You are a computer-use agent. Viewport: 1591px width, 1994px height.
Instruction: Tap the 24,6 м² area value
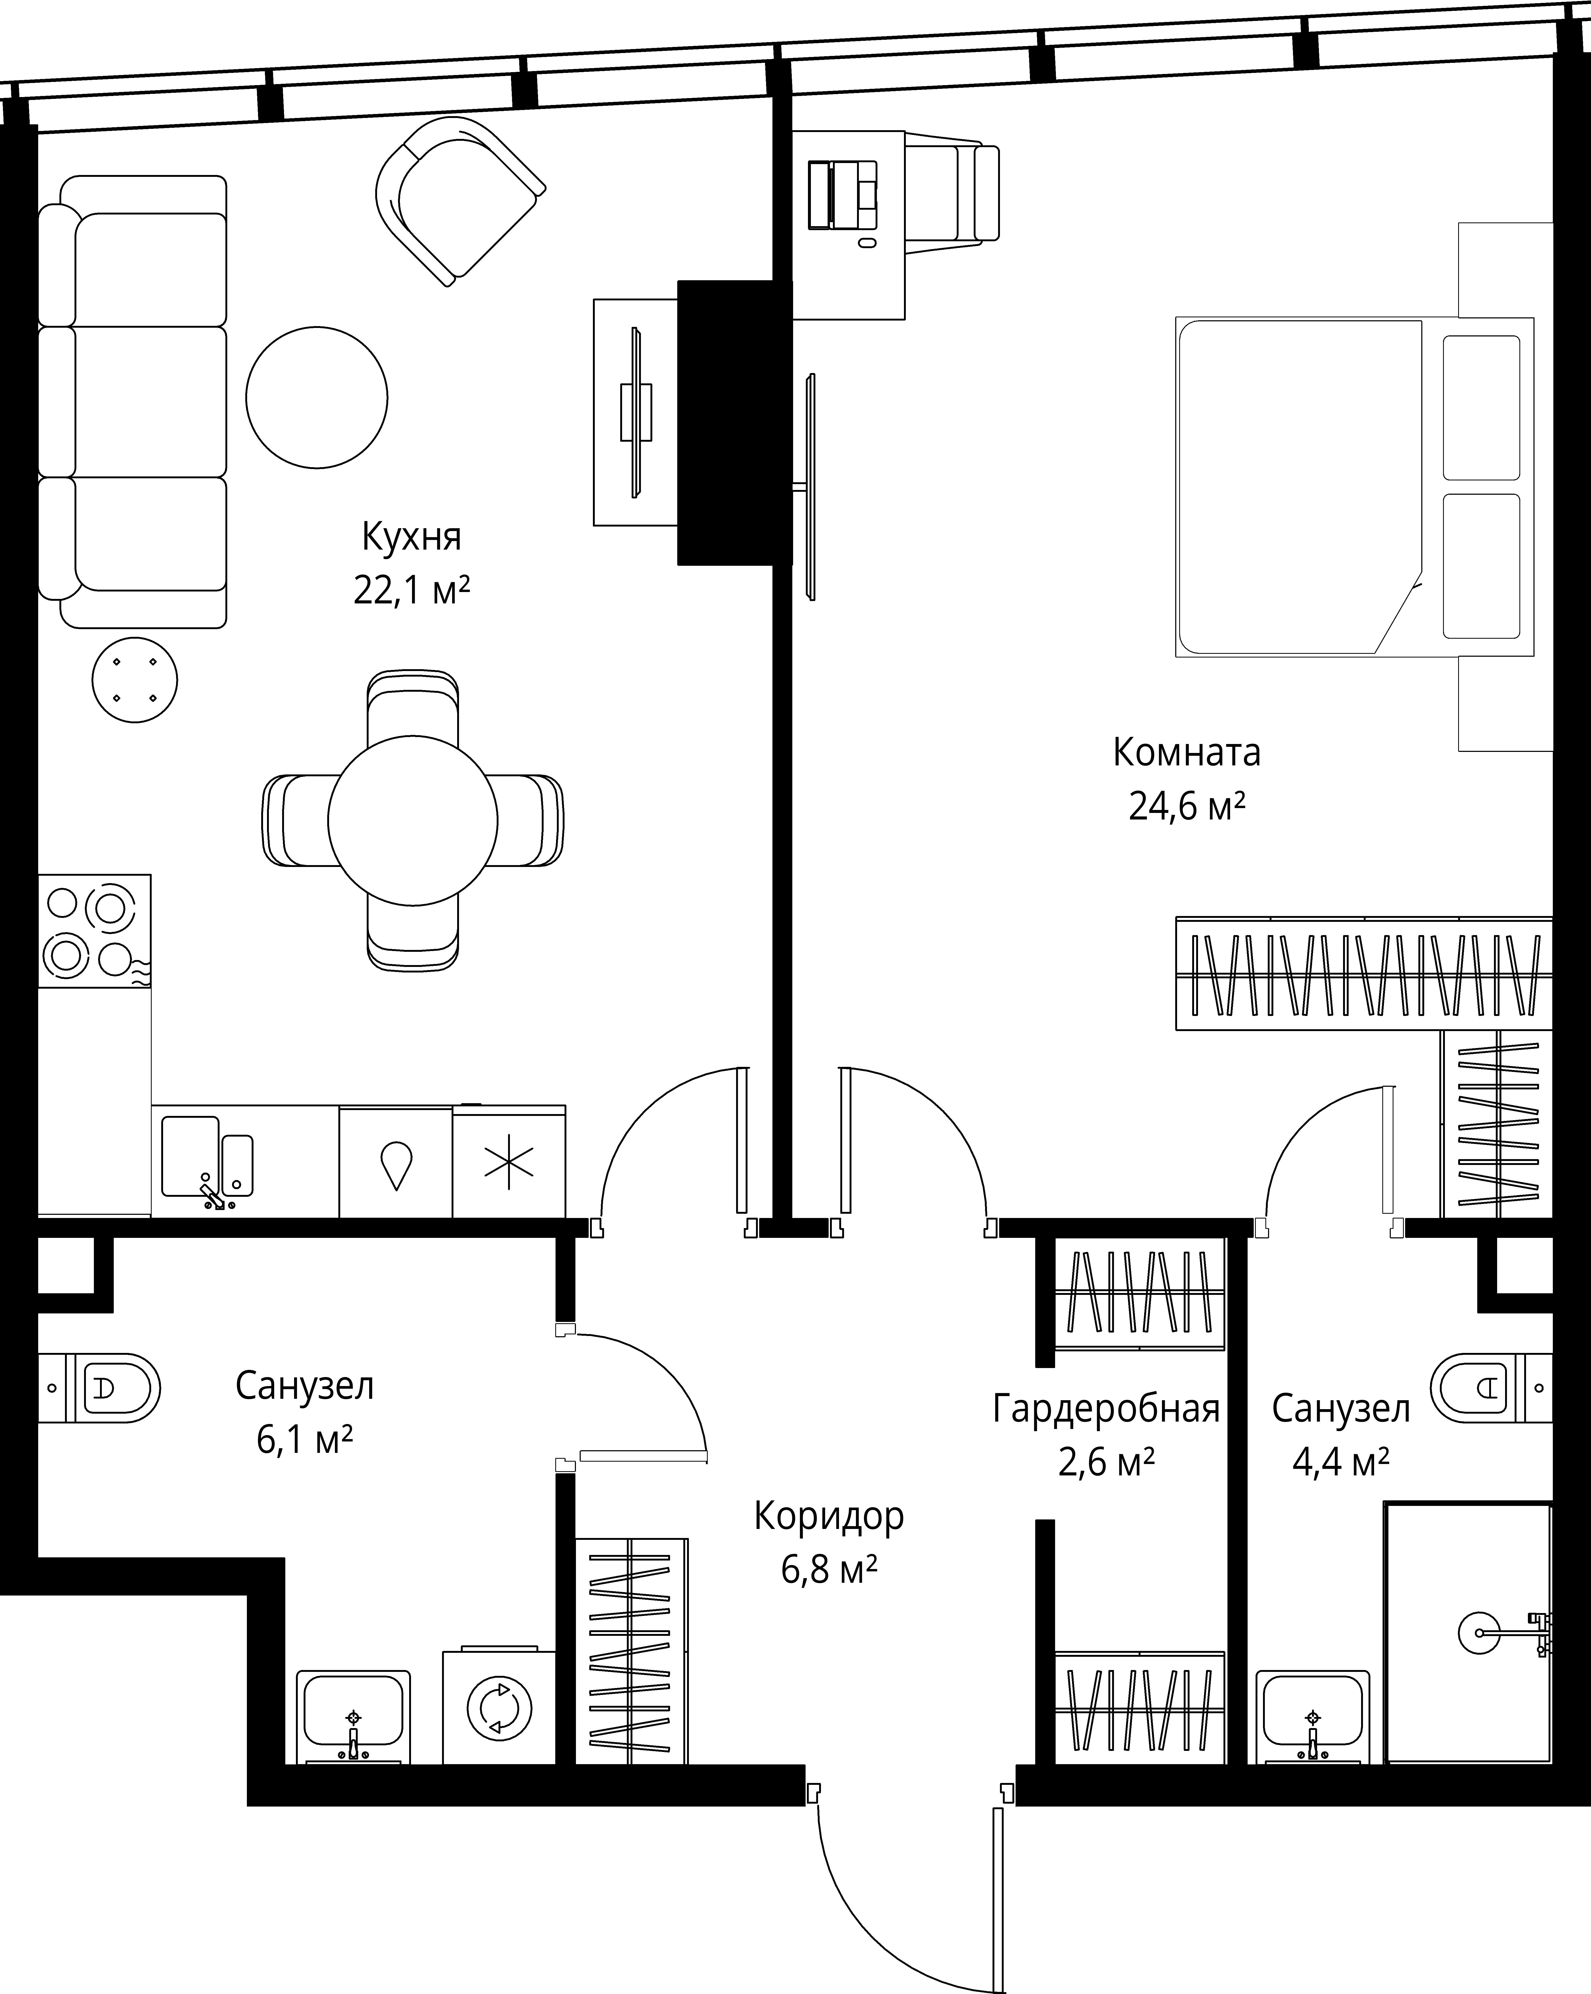pyautogui.click(x=1187, y=807)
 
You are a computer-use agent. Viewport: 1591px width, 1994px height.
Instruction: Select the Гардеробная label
pyautogui.click(x=1106, y=1409)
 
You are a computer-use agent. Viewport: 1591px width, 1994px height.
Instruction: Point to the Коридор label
pyautogui.click(x=829, y=1517)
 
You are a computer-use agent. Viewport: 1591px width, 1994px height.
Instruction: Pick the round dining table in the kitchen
pyautogui.click(x=413, y=820)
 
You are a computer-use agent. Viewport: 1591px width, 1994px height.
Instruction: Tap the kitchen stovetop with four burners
pyautogui.click(x=94, y=930)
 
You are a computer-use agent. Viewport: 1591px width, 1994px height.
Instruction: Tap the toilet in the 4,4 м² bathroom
pyautogui.click(x=1491, y=1387)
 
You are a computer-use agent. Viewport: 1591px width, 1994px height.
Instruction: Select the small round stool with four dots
pyautogui.click(x=135, y=680)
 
